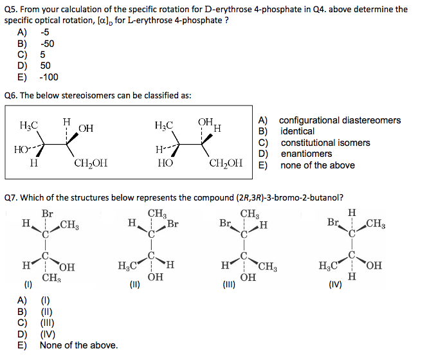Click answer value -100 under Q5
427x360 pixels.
[x=49, y=77]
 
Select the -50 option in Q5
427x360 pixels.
[x=48, y=44]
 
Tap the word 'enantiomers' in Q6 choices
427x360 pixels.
[x=306, y=154]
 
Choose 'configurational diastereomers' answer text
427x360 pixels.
[x=340, y=120]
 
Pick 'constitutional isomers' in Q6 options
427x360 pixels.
[x=325, y=143]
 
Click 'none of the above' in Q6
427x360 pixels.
[x=318, y=165]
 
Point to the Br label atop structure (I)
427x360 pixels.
[x=48, y=213]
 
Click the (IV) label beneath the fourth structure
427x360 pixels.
[x=335, y=285]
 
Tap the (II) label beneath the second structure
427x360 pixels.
[x=135, y=285]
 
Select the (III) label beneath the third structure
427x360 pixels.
[x=229, y=285]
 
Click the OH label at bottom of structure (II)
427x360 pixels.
[x=156, y=277]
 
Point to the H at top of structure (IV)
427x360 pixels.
[x=352, y=212]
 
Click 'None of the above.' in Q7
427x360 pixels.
[x=78, y=345]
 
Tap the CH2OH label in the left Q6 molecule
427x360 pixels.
[x=91, y=163]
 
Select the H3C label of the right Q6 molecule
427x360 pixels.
[x=164, y=125]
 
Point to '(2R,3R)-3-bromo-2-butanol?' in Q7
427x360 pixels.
[x=290, y=197]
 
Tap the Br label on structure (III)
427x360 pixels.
[x=225, y=223]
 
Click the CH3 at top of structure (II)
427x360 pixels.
[x=157, y=213]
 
